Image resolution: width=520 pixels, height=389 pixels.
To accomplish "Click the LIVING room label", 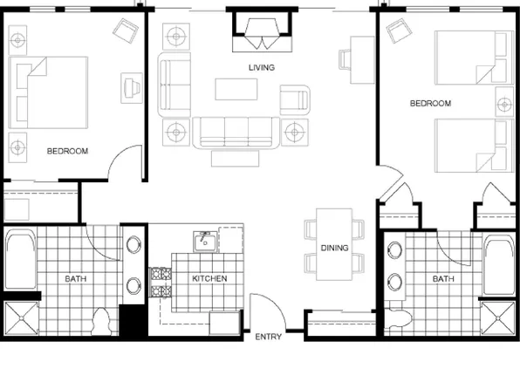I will (261, 67).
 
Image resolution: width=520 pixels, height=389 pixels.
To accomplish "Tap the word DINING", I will (334, 248).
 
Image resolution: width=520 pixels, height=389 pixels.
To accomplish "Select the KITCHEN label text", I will (209, 278).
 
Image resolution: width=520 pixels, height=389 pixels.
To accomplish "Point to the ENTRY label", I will (267, 336).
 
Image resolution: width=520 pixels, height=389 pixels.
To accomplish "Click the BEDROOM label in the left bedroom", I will (67, 151).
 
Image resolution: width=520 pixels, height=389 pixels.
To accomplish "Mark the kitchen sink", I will (205, 241).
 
